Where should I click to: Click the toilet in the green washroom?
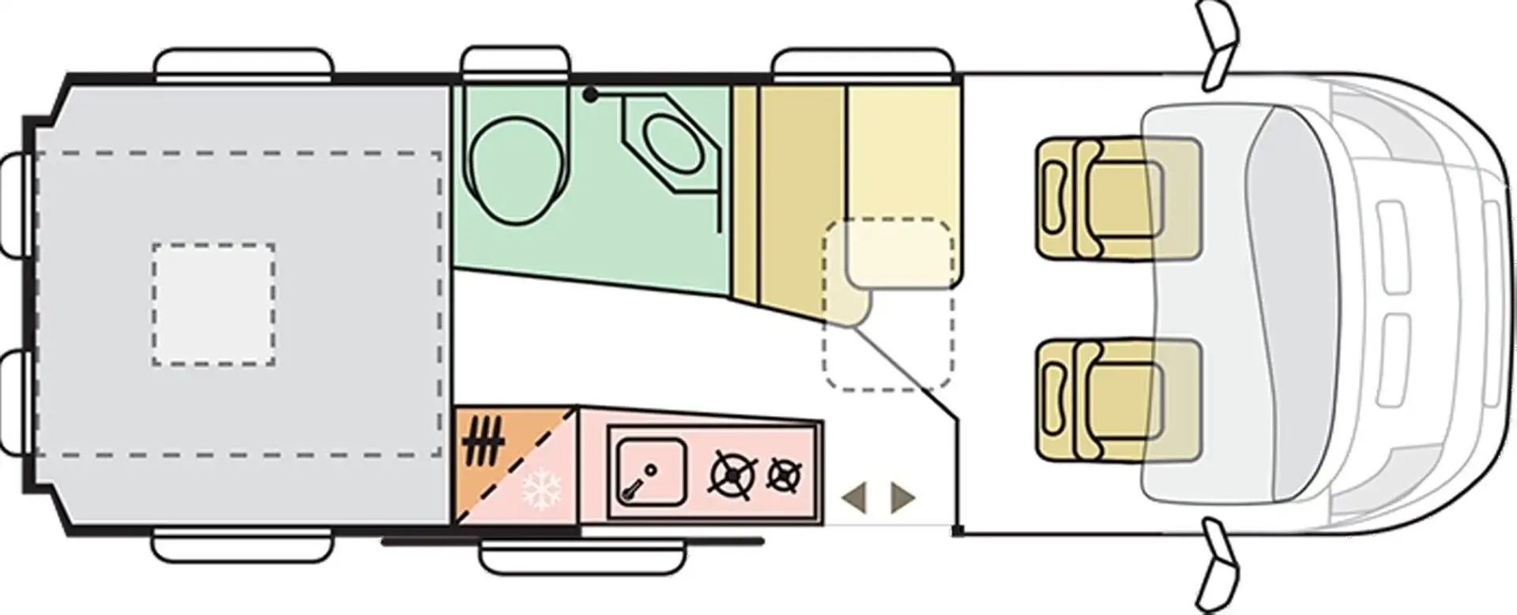[x=518, y=170]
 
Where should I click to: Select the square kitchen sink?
[x=650, y=471]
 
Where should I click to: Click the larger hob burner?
[x=734, y=474]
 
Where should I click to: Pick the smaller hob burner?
[x=784, y=474]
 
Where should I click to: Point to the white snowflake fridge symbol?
[x=541, y=489]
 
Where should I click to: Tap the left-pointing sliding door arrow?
[x=855, y=498]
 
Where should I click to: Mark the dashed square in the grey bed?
[x=213, y=304]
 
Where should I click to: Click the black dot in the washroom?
[x=589, y=95]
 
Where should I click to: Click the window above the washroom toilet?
[x=515, y=62]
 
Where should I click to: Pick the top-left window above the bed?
[x=243, y=63]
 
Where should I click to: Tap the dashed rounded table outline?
[x=889, y=304]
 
